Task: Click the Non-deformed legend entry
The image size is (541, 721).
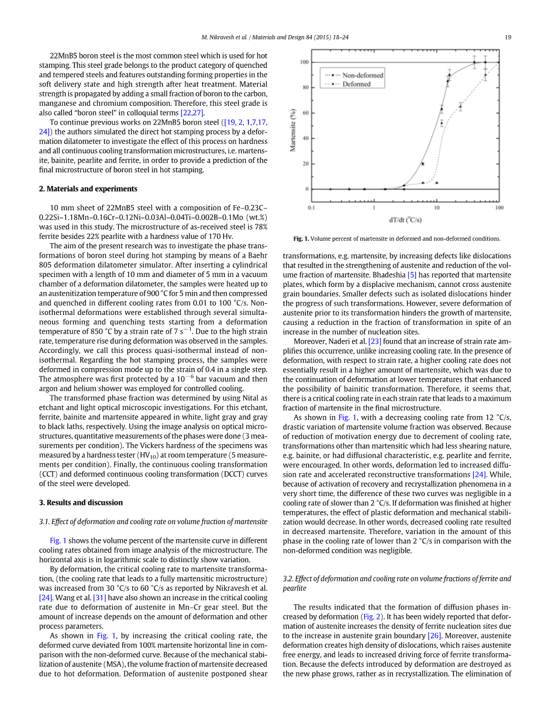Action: [363, 75]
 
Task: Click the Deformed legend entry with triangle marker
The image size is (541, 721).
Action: [356, 84]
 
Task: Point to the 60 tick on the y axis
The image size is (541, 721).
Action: [305, 113]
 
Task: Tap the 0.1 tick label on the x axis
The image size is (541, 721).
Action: [312, 207]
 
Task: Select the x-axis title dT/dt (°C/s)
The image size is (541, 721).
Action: [405, 220]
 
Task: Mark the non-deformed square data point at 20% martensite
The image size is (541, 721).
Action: [422, 164]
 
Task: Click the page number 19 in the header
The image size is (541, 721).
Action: [508, 37]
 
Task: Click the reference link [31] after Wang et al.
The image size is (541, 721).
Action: [98, 598]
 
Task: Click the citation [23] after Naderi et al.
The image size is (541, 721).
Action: [375, 341]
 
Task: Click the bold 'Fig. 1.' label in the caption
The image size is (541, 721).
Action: [301, 238]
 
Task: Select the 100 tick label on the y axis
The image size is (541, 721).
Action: [304, 62]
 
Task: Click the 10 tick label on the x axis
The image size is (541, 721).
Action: [436, 207]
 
